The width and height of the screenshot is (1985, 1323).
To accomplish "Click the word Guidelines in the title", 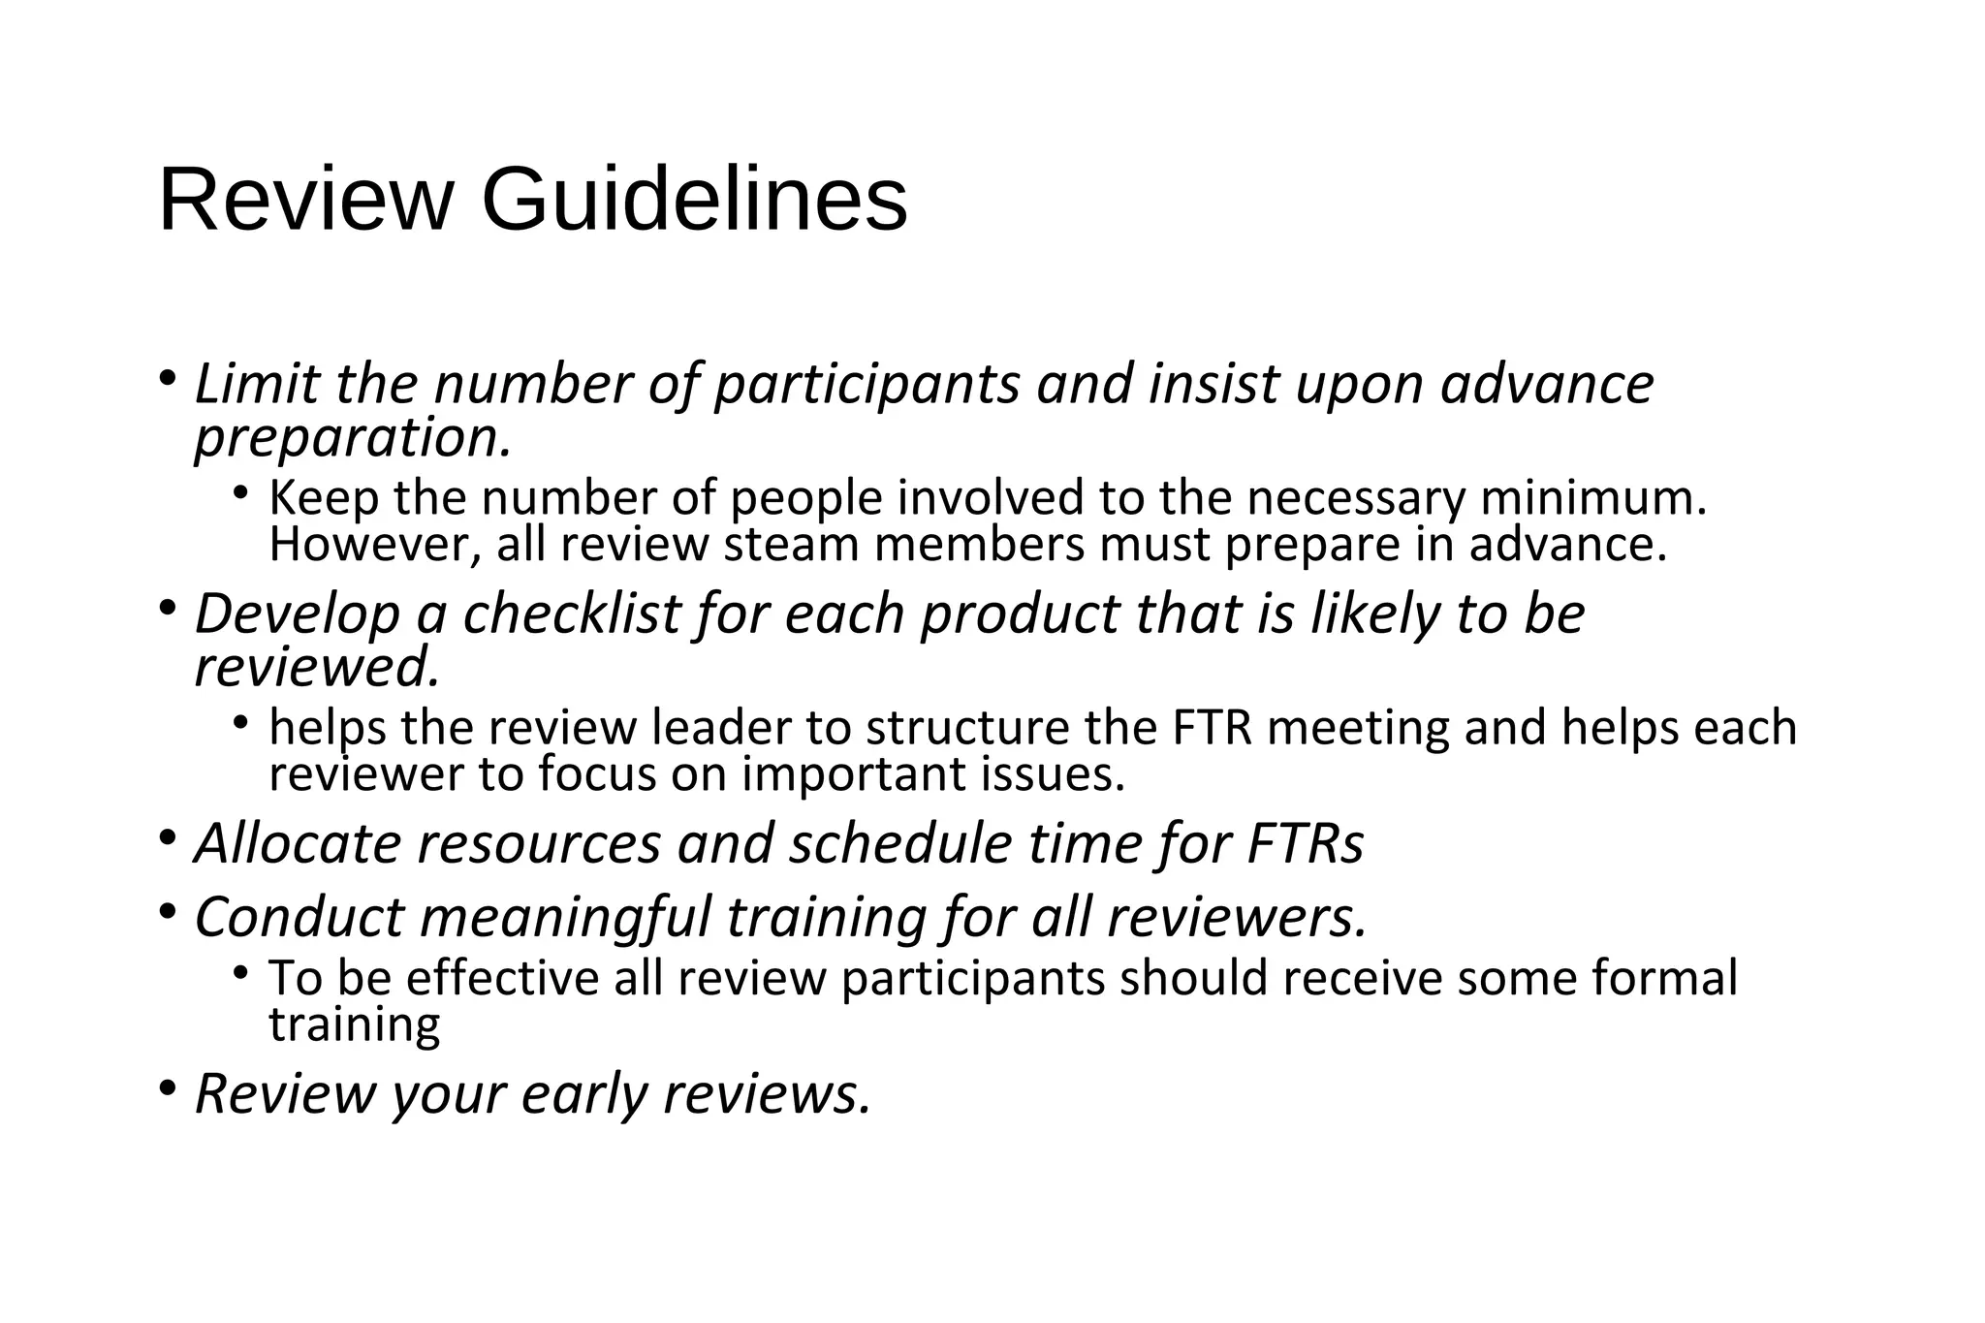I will coord(694,201).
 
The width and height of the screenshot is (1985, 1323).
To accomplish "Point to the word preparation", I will coord(352,439).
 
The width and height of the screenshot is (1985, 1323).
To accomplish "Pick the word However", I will coord(374,545).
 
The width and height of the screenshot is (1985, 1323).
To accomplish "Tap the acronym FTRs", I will coord(1305,843).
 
